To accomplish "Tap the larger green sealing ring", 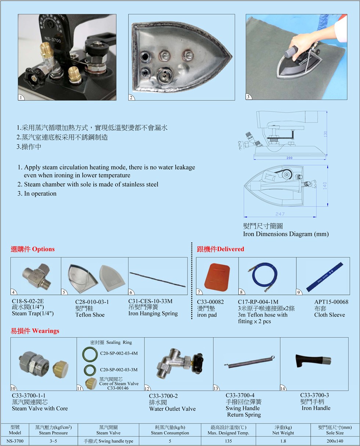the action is coord(90,354).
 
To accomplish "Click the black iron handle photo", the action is coord(313,361).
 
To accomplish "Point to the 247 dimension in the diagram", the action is coord(280,214).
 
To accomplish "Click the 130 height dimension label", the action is coord(325,133).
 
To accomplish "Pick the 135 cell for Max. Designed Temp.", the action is coord(228,441).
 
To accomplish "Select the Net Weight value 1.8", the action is coord(283,441).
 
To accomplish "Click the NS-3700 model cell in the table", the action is coord(15,441).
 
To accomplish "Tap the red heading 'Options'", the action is coord(43,249).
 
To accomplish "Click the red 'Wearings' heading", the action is coord(46,331).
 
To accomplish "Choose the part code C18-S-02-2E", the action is coord(28,301).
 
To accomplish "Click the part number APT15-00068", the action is coord(331,302).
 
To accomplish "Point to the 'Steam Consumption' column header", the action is coord(170,433).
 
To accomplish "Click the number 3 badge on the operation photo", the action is coord(248,97).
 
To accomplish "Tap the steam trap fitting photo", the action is coord(37,276).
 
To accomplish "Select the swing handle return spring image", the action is coord(249,361).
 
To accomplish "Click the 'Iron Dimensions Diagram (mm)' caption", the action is coord(286,234).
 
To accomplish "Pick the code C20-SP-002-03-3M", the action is coord(119,370).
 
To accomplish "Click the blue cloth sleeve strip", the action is coord(325,276).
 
